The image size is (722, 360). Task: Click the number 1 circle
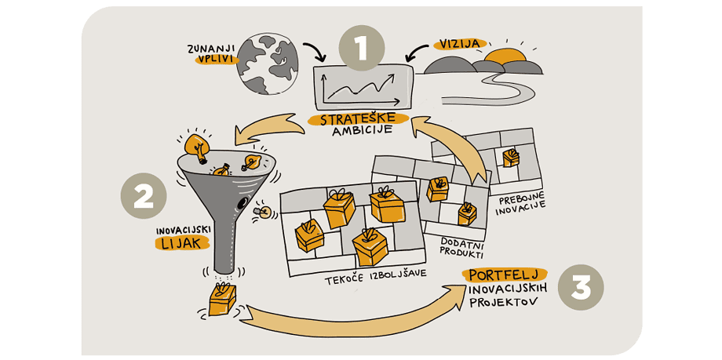click(x=361, y=48)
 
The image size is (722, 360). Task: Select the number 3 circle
click(x=581, y=288)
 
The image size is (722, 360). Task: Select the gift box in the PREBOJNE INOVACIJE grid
click(x=511, y=158)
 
